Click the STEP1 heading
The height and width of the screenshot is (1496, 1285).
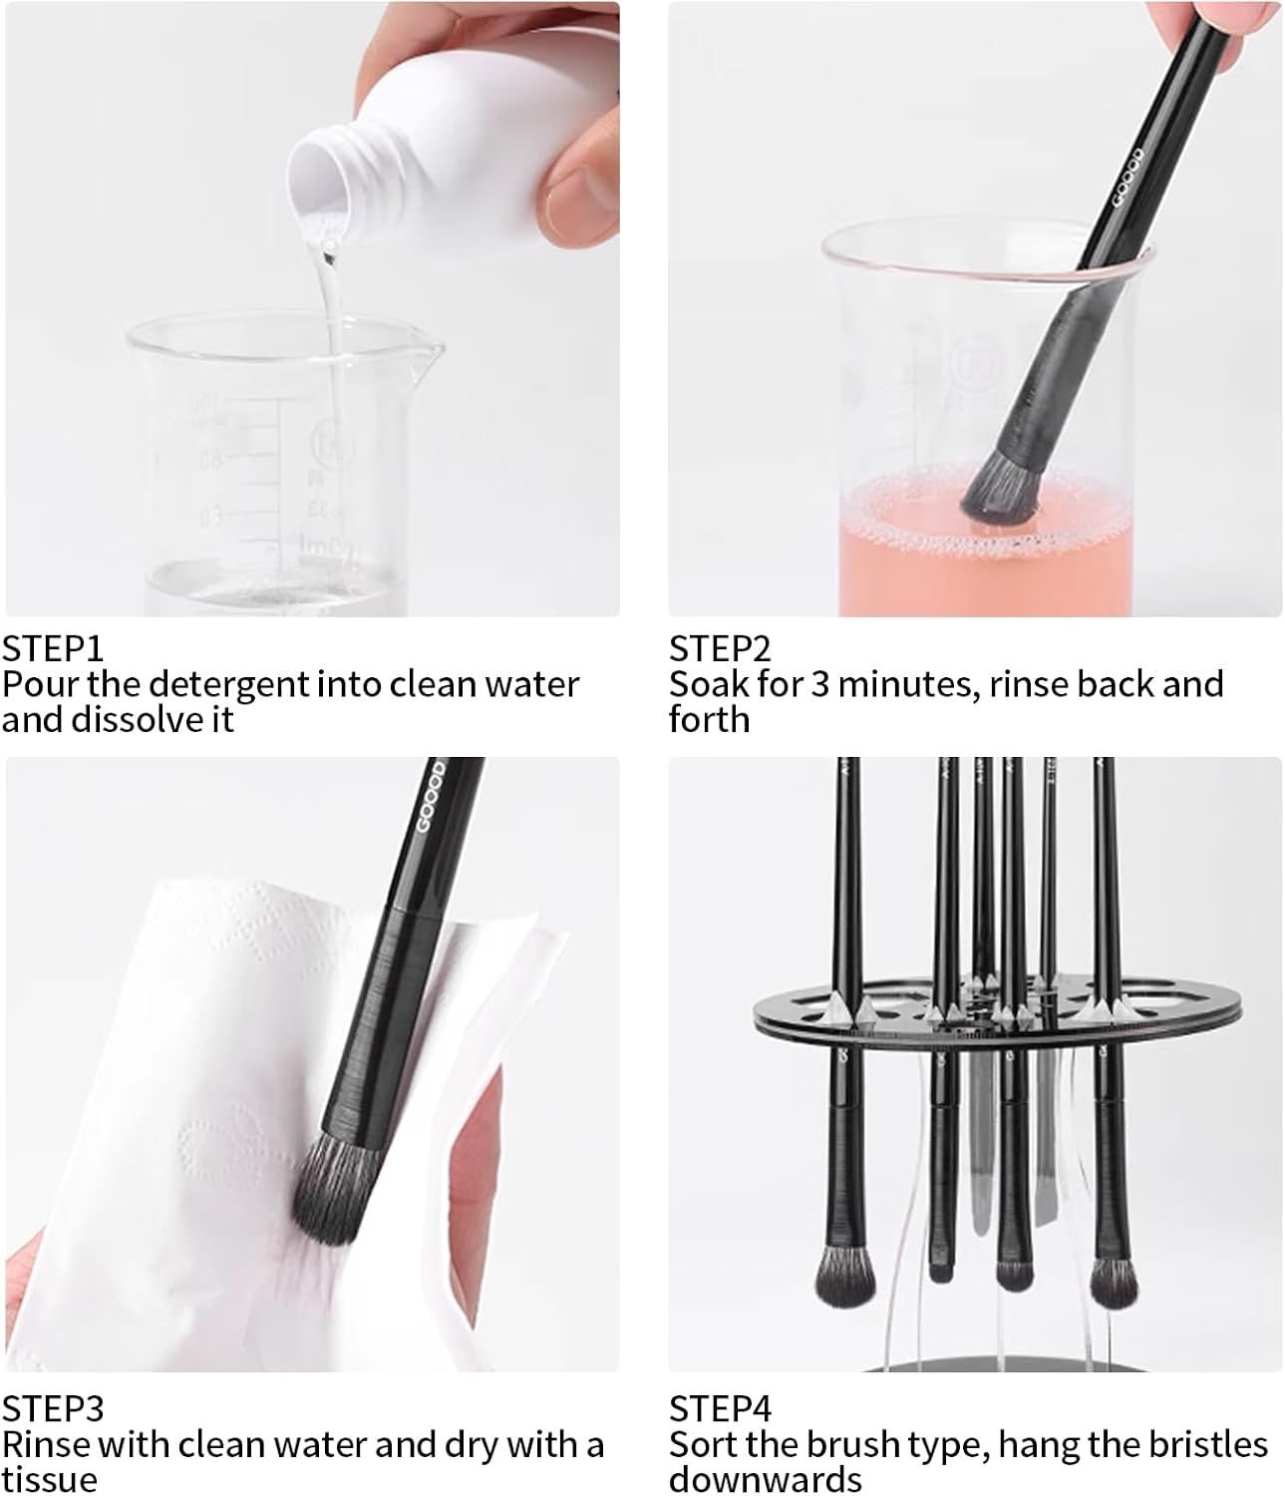(52, 649)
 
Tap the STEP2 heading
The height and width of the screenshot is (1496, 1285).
(720, 649)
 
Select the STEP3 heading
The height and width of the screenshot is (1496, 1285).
(52, 1408)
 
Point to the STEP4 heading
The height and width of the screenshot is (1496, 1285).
(720, 1408)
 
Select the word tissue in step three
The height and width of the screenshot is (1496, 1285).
(49, 1478)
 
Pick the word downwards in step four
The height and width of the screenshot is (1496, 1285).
(765, 1478)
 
